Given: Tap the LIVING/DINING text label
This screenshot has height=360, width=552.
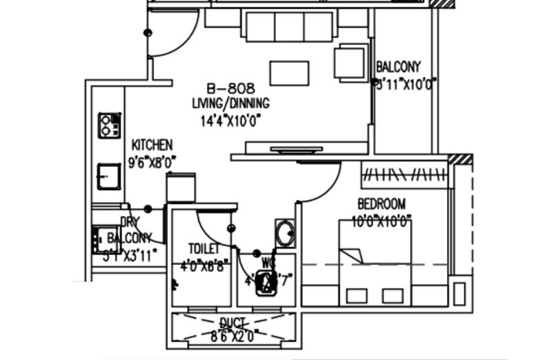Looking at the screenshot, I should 230,104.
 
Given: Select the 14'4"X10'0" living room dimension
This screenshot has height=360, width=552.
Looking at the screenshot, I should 230,120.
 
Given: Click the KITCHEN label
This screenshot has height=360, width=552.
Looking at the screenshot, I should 152,145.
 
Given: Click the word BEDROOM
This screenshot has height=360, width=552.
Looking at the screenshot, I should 381,204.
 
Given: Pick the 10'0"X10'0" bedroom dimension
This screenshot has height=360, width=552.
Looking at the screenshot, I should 381,221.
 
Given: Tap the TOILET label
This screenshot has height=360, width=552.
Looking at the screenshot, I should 204,248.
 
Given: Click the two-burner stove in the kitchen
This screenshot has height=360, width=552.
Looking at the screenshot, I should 108,126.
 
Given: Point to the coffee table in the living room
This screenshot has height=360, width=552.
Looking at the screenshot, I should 289,73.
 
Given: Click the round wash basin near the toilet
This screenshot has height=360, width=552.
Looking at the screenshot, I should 284,233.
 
